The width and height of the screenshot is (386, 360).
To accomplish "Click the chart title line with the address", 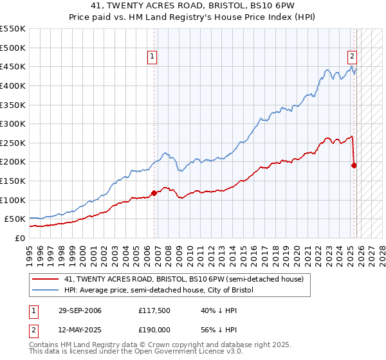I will point(193,6).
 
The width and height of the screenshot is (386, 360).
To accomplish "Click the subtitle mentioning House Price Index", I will point(193,17).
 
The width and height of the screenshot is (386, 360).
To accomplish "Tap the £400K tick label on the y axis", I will point(13,85).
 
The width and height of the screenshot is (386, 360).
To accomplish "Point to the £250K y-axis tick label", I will point(13,143).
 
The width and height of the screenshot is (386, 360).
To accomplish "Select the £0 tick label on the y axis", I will point(19,238).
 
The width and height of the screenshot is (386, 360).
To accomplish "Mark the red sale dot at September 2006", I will point(154,192).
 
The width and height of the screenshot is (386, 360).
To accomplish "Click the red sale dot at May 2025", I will point(354,165).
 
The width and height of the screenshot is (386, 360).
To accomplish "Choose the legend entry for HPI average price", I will point(160,291).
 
